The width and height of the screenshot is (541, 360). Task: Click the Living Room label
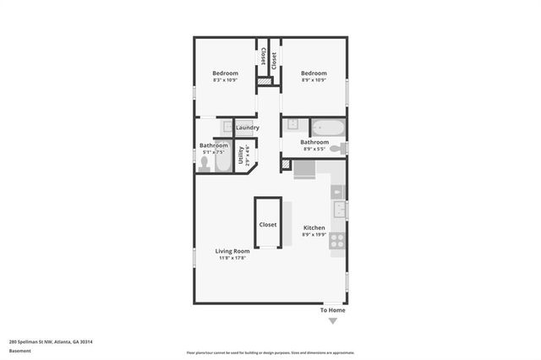232,251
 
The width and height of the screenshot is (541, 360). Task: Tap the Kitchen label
314,228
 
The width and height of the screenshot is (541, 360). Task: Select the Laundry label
247,128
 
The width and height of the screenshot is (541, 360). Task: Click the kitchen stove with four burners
337,240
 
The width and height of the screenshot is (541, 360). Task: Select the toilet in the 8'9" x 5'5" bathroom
336,149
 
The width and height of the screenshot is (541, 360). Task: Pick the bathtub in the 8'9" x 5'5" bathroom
327,128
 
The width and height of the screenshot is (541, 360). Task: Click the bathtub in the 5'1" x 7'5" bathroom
223,158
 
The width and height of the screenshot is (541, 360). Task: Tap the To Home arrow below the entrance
332,321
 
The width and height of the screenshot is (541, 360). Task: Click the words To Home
332,310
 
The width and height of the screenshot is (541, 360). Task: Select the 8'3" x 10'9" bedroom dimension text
225,80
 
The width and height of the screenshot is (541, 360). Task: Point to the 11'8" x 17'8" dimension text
232,258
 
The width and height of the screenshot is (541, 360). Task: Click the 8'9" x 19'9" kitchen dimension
314,235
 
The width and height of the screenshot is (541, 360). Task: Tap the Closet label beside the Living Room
268,225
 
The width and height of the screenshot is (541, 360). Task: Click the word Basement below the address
19,351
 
